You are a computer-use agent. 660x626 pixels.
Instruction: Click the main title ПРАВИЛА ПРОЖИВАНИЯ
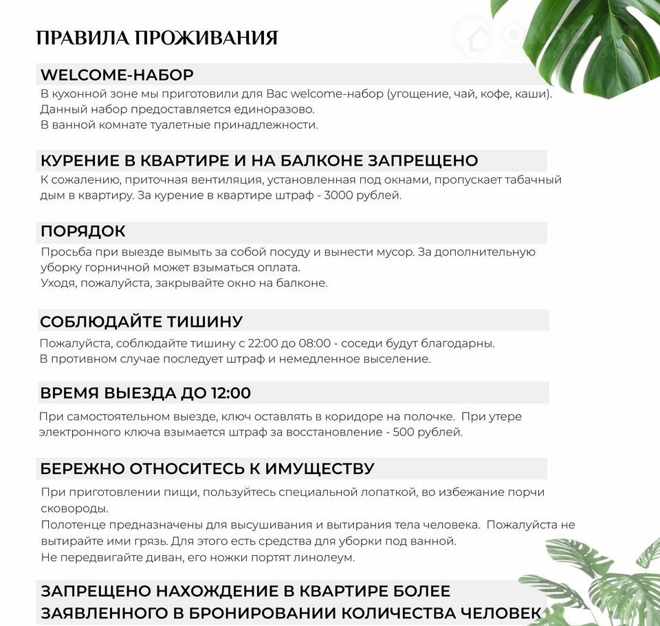(157, 38)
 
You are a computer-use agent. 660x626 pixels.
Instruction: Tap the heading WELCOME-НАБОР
(117, 75)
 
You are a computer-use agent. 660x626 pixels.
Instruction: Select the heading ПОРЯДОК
(83, 232)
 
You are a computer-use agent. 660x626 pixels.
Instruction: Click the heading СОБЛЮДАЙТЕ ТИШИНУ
(142, 322)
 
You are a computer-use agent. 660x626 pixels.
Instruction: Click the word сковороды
(74, 509)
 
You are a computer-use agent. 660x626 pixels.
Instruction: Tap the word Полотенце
(71, 525)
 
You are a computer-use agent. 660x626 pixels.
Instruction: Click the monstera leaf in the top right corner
(591, 41)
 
